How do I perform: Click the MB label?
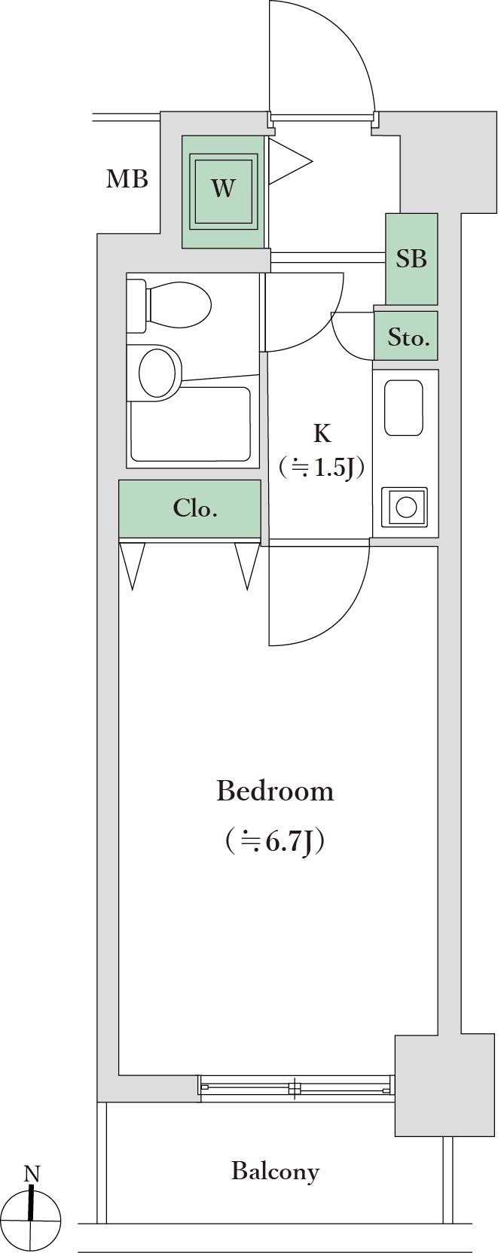point(127,179)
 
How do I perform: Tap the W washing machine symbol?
point(223,192)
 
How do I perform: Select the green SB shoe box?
point(411,259)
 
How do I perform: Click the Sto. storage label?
point(408,337)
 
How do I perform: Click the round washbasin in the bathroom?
point(160,372)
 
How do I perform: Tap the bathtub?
point(191,423)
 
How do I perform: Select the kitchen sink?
point(403,408)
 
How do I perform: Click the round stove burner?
point(406,508)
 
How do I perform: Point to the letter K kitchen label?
point(322,433)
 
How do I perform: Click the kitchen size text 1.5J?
point(334,467)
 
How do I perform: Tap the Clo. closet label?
point(194,508)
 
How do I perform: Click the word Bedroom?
point(275,791)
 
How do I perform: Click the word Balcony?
point(275,1172)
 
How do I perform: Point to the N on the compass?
point(32,1174)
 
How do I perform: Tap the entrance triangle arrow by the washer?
point(290,162)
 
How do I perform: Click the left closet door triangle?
point(132,565)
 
